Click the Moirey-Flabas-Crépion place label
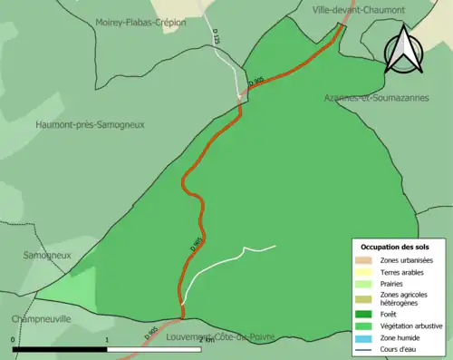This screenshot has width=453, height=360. point(140,21)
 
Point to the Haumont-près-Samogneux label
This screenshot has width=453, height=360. point(90,124)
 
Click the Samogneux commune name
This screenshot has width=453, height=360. point(47,256)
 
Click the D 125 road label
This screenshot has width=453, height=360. point(217,38)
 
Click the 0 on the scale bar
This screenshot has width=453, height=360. point(13,340)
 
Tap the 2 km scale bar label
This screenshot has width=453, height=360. point(206,340)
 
